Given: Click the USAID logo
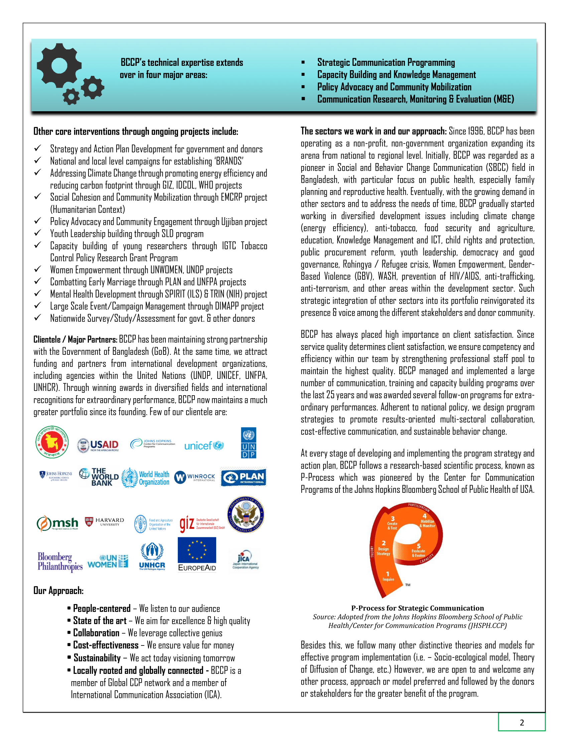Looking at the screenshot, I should pyautogui.click(x=98, y=445).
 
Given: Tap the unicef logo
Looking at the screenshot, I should pyautogui.click(x=204, y=446).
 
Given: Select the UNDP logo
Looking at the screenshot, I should pyautogui.click(x=248, y=443).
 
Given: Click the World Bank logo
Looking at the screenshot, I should pyautogui.click(x=99, y=476).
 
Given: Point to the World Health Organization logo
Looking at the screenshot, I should pyautogui.click(x=146, y=477).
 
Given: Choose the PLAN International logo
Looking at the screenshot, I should pyautogui.click(x=244, y=477).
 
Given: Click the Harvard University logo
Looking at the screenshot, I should pyautogui.click(x=104, y=522).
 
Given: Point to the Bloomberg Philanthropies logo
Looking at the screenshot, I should pyautogui.click(x=60, y=561).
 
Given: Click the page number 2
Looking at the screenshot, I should pyautogui.click(x=522, y=723).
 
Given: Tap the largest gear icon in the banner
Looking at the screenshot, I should pyautogui.click(x=58, y=65).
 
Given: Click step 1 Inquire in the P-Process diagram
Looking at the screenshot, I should pyautogui.click(x=388, y=576).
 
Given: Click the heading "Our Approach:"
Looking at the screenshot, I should pyautogui.click(x=58, y=591).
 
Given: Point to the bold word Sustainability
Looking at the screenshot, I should pyautogui.click(x=97, y=658).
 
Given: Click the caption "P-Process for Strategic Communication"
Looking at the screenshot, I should pyautogui.click(x=417, y=608).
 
